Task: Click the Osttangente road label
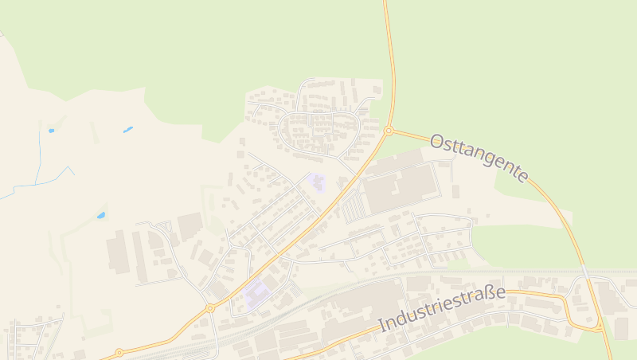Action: (x=479, y=157)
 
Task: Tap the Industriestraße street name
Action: (x=442, y=308)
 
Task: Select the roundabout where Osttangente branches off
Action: (x=389, y=131)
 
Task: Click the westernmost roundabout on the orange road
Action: (x=119, y=352)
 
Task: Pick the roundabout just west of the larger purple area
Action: (x=210, y=307)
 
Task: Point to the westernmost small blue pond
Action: (x=52, y=130)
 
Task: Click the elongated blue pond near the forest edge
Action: (x=127, y=129)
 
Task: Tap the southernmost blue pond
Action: (x=101, y=215)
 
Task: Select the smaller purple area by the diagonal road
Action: (x=317, y=183)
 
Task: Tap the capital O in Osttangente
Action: (x=436, y=141)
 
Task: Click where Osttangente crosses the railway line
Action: (x=584, y=271)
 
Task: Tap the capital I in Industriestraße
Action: (x=381, y=326)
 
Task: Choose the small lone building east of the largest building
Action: (x=455, y=192)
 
